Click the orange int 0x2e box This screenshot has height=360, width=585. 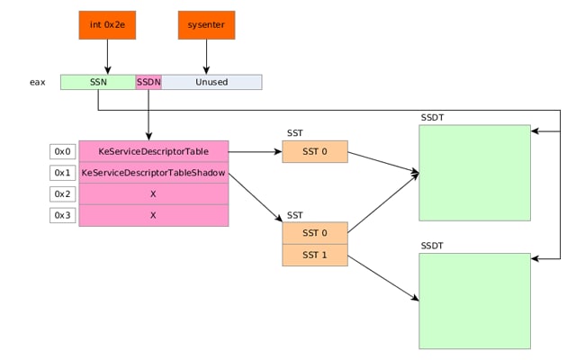[x=107, y=25]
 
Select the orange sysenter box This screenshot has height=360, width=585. [x=206, y=25]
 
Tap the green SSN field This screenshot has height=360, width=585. [x=98, y=82]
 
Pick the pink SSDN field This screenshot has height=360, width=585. [x=148, y=82]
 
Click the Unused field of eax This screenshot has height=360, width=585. [x=211, y=82]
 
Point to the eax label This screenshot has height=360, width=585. [x=38, y=82]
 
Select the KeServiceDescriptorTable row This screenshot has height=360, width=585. [x=154, y=151]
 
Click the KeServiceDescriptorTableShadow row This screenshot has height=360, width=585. [x=154, y=173]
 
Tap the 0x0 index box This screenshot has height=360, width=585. [x=63, y=151]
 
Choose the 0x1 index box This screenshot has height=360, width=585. [x=63, y=173]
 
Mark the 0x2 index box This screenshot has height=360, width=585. [x=63, y=194]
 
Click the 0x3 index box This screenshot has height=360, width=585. [x=63, y=215]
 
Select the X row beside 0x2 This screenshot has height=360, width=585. [x=154, y=194]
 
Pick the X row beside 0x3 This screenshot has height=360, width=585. [x=154, y=215]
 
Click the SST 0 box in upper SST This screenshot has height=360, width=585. [x=315, y=151]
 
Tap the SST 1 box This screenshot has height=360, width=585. [x=315, y=256]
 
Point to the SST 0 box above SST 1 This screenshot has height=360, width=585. [x=315, y=233]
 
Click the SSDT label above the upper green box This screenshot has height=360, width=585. [x=432, y=118]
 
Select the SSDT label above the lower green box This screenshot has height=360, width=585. [x=432, y=246]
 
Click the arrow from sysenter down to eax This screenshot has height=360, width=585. [x=206, y=57]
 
